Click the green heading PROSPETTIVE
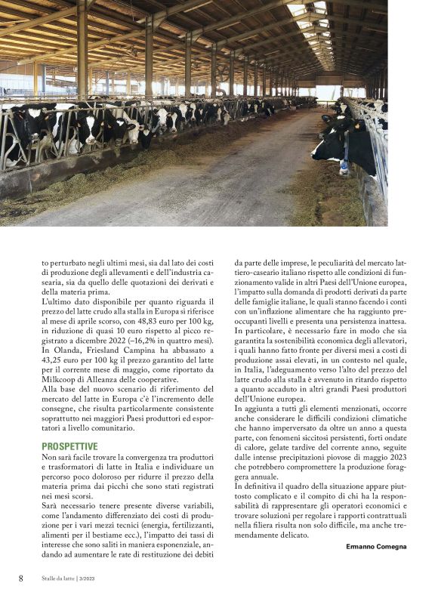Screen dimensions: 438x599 [69, 446]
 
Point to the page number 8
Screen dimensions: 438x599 [21, 579]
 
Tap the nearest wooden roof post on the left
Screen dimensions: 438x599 [82, 49]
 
